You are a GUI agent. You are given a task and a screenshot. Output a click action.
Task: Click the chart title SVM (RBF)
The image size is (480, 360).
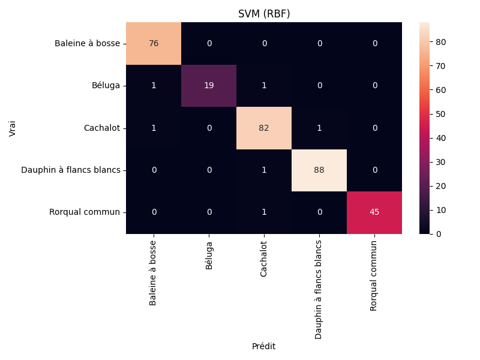[264, 14]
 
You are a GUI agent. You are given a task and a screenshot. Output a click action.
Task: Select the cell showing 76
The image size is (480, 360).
[154, 43]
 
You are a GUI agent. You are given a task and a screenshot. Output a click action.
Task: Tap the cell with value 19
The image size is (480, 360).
[209, 85]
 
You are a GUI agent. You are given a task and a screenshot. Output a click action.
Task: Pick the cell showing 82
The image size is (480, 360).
[264, 128]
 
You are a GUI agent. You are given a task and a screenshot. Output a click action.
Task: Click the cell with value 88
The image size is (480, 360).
[319, 170]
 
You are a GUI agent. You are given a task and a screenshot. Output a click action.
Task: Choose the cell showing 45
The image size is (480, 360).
[374, 212]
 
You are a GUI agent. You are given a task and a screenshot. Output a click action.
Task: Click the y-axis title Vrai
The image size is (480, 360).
[13, 128]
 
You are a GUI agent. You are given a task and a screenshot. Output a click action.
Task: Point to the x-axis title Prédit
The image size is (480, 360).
[264, 346]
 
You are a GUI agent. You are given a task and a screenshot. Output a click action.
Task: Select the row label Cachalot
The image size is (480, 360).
[102, 128]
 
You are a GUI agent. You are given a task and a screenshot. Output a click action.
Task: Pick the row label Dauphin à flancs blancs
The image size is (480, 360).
[71, 170]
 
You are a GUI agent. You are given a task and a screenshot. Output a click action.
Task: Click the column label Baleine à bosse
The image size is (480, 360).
[154, 273]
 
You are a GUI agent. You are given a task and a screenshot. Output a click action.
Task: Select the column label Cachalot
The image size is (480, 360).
[264, 259]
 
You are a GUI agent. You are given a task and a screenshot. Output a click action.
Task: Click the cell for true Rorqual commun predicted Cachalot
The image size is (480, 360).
[264, 212]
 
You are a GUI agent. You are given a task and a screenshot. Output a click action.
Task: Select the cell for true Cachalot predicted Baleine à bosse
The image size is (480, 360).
[154, 128]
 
